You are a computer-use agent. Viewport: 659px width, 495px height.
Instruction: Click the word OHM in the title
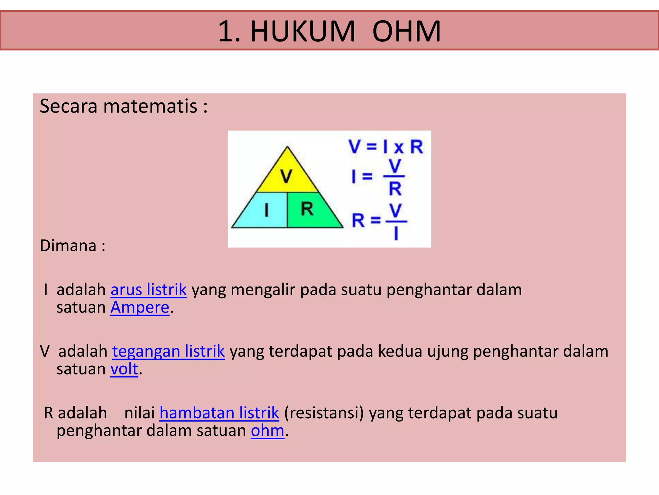406,31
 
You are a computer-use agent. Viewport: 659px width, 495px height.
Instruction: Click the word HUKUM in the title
303,31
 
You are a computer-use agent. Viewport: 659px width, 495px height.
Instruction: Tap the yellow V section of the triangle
286,176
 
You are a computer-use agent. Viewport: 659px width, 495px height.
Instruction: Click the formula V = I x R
385,147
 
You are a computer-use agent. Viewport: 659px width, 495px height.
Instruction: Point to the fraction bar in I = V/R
394,177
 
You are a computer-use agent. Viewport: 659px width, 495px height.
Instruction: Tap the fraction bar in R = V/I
396,221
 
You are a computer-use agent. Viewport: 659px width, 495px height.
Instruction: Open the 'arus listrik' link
149,289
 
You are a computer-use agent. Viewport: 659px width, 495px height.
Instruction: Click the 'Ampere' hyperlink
140,307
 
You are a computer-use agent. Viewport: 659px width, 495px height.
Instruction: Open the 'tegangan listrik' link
168,351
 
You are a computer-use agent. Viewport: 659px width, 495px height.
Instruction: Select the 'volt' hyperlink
124,369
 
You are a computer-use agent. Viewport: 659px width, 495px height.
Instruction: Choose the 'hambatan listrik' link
219,413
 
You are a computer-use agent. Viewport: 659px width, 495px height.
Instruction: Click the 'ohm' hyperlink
267,431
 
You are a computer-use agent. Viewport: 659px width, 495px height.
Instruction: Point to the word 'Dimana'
68,246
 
